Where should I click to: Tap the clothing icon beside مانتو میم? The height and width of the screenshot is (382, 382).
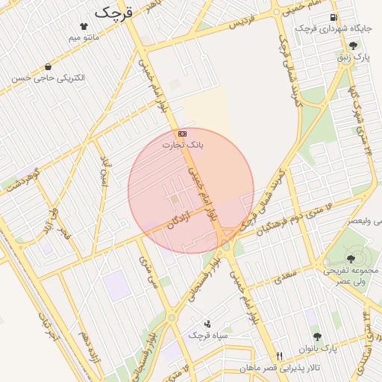[x=93, y=26]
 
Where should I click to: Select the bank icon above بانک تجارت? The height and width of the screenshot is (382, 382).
[x=184, y=134]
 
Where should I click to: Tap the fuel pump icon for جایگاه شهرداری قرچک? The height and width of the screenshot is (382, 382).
[x=333, y=17]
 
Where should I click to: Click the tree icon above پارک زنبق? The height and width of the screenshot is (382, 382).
[x=353, y=46]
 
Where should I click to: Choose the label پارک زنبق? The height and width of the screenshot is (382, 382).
[x=351, y=57]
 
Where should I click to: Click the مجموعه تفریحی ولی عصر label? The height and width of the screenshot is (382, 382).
[x=351, y=275]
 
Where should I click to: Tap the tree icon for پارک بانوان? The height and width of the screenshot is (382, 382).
[x=317, y=336]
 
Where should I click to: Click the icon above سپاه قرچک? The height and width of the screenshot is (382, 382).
[x=207, y=324]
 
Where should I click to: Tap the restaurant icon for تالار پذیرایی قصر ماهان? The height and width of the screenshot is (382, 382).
[x=280, y=356]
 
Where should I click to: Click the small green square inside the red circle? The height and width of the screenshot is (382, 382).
[x=175, y=199]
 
